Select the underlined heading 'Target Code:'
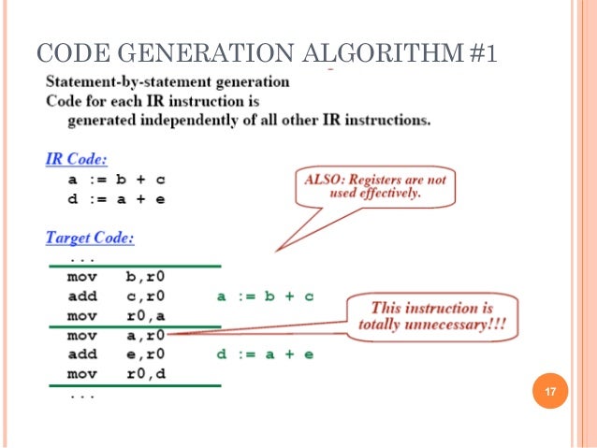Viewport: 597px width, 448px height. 90,238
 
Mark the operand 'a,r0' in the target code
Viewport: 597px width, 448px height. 147,335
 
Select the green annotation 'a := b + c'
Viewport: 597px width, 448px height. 265,296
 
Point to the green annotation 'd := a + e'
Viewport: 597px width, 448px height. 265,354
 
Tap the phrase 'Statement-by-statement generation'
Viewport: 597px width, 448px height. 167,81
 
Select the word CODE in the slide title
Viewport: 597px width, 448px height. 67,53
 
